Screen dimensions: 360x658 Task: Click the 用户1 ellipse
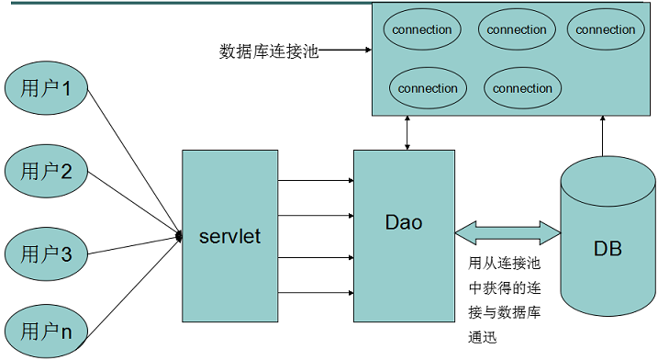tap(47, 89)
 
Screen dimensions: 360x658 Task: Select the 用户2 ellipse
tap(47, 171)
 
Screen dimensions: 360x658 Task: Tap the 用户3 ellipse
tap(47, 253)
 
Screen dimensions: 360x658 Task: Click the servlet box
tap(229, 236)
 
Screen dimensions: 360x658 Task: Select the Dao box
tap(404, 236)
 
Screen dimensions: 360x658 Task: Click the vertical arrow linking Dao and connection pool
tap(407, 133)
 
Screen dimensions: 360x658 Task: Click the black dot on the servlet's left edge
tap(179, 238)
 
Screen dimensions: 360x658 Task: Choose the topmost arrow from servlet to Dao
tap(315, 180)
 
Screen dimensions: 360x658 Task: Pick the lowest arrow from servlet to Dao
tap(315, 292)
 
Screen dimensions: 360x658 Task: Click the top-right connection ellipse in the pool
tap(606, 30)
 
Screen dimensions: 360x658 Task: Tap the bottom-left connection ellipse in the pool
tap(428, 88)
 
